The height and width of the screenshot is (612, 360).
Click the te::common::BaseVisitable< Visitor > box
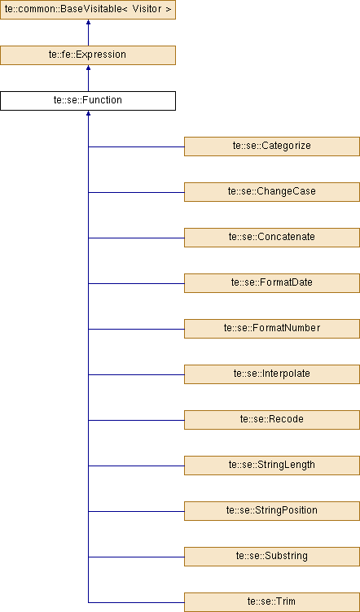88,10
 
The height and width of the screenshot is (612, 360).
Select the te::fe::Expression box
88,55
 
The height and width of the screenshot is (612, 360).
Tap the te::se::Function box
88,101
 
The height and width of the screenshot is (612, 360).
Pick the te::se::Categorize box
272,146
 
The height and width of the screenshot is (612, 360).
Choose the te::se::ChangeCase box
272,192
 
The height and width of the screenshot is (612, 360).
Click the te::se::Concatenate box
272,238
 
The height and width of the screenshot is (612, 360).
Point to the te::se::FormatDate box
272,283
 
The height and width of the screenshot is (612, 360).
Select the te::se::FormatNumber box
272,329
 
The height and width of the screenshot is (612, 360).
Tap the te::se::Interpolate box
272,374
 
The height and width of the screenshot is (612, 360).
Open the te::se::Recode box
272,420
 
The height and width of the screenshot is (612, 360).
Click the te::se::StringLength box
272,466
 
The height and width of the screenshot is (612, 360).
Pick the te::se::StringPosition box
272,511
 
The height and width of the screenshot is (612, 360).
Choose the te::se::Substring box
272,557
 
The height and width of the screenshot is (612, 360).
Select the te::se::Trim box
272,602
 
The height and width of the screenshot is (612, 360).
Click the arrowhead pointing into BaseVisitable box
88,22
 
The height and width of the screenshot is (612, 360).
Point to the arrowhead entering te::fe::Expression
88,68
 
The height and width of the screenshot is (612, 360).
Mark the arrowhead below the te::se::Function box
88,113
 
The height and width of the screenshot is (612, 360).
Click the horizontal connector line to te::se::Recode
136,421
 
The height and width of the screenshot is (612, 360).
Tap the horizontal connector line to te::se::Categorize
136,146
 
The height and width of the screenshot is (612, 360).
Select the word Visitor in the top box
146,9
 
